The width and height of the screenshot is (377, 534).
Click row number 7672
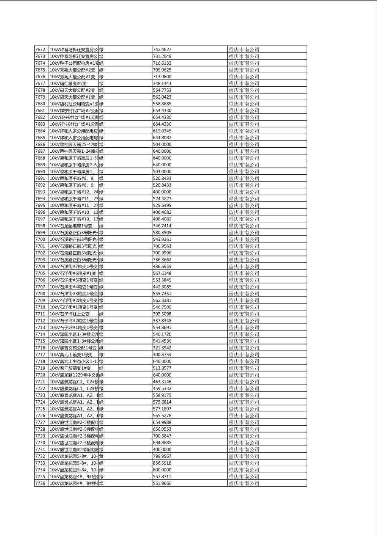40,50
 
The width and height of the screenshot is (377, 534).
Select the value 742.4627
162,50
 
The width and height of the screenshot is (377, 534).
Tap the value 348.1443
162,83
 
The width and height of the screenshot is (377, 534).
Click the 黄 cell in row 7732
101,456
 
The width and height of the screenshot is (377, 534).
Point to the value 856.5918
162,463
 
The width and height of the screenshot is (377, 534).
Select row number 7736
40,483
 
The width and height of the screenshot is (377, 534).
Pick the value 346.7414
162,226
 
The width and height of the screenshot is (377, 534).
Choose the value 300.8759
162,355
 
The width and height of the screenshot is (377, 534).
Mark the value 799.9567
162,456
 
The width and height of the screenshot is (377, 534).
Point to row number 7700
40,239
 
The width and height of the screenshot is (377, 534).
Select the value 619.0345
162,131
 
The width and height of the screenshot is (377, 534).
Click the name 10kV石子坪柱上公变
70,314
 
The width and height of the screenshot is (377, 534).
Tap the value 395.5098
162,314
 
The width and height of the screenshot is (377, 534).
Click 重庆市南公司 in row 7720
244,375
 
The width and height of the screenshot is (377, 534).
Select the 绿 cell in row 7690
101,171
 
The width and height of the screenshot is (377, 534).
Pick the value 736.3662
162,260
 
